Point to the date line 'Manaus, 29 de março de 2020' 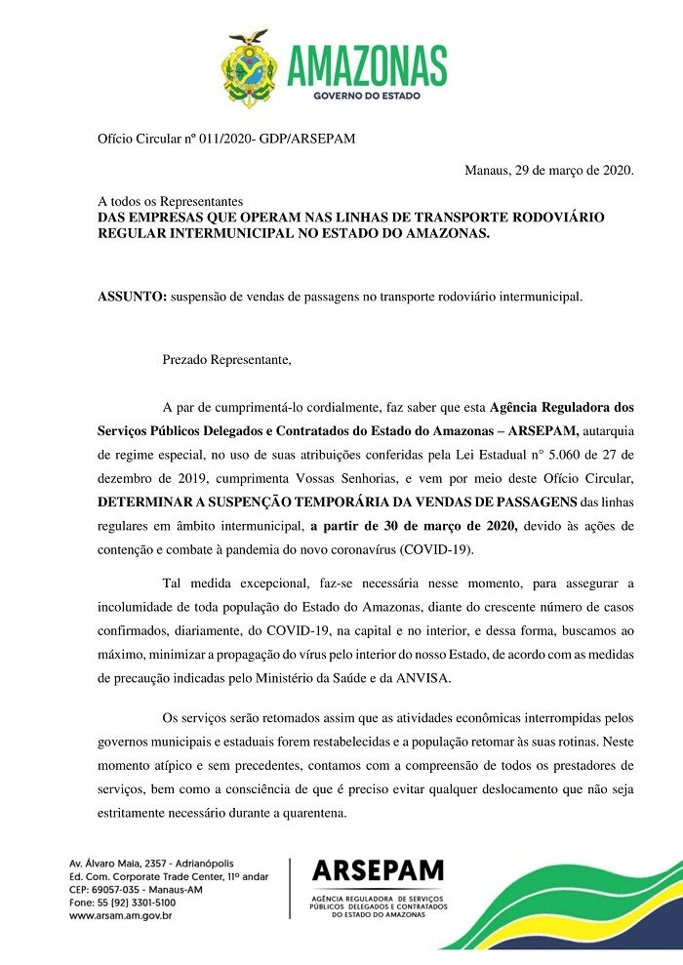(x=549, y=171)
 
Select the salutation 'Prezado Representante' (x=226, y=360)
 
